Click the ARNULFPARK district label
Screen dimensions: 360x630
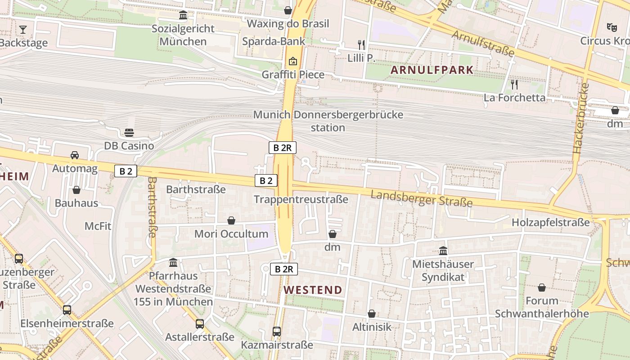[432, 70]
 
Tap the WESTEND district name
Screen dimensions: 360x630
[313, 290]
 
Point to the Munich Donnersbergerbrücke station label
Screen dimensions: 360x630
[328, 121]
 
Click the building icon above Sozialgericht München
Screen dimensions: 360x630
[183, 15]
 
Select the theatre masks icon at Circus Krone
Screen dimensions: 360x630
[612, 27]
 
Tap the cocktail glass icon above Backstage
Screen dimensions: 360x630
[23, 30]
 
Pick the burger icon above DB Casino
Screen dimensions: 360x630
[129, 132]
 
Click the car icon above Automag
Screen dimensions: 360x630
[75, 155]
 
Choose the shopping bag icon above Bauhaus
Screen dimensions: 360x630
[76, 190]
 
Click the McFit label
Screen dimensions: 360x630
[98, 226]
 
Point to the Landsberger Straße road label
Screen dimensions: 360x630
[422, 198]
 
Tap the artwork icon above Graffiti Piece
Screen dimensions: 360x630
[293, 61]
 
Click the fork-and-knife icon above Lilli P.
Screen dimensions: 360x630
[361, 45]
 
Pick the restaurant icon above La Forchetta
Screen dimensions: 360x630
[514, 84]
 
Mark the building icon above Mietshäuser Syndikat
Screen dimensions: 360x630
[443, 251]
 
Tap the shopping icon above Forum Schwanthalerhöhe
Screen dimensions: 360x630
[542, 287]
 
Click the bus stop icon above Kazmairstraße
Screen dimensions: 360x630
[277, 332]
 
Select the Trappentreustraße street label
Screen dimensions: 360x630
[301, 199]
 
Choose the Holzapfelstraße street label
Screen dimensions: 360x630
[550, 222]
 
